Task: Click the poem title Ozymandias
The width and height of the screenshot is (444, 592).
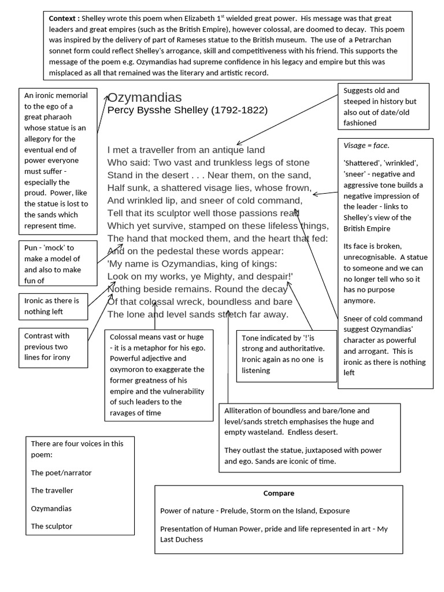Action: click(145, 97)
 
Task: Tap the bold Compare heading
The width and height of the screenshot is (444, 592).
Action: click(279, 493)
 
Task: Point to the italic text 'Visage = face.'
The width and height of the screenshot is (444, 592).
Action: click(366, 146)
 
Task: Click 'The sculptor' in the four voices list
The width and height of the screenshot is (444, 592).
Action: click(51, 526)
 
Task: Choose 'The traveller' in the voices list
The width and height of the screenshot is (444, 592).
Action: click(52, 490)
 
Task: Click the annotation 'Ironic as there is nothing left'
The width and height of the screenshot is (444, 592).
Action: click(52, 306)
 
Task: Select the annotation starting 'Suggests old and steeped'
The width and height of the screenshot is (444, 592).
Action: click(383, 106)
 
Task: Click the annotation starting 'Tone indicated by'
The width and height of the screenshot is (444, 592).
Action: click(286, 354)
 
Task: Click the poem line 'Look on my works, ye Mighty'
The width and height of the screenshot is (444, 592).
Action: click(200, 276)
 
